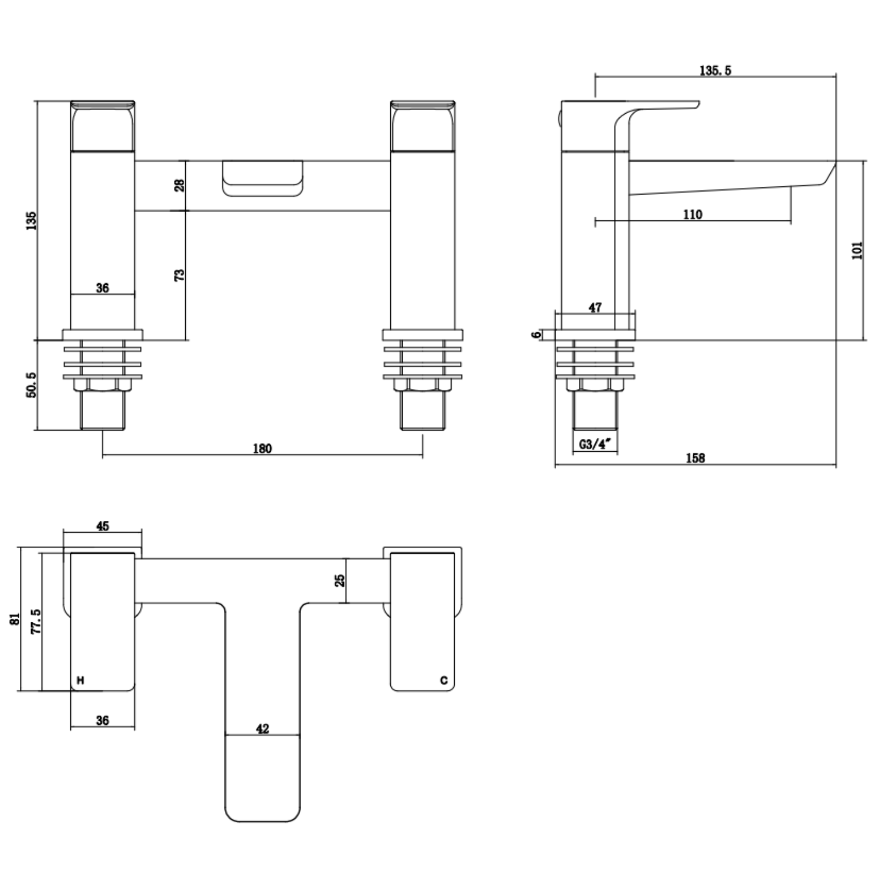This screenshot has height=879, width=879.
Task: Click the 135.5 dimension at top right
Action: click(x=715, y=70)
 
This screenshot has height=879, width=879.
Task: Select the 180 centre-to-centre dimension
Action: click(x=262, y=448)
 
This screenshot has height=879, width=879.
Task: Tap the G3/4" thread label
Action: click(x=595, y=444)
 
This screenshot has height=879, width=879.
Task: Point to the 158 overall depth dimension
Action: click(x=695, y=458)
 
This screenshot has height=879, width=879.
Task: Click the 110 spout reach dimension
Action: click(x=692, y=214)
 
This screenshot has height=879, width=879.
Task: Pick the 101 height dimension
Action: click(x=857, y=250)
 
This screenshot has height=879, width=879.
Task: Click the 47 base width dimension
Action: click(x=595, y=307)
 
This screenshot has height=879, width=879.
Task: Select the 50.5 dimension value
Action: click(x=31, y=385)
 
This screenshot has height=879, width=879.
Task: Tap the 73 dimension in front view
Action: click(x=179, y=274)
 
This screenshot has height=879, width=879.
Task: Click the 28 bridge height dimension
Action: click(x=179, y=185)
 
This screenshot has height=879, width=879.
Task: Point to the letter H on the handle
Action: click(x=80, y=680)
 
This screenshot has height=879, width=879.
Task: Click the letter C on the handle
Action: click(x=444, y=680)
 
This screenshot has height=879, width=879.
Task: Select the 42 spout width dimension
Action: click(x=262, y=728)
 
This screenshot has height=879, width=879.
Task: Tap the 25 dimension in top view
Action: click(x=339, y=580)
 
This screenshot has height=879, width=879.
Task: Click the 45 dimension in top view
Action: click(x=103, y=526)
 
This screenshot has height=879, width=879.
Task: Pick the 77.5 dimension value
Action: click(x=36, y=621)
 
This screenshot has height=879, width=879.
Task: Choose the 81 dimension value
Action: click(x=15, y=619)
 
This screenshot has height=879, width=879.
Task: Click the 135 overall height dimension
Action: click(x=31, y=220)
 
